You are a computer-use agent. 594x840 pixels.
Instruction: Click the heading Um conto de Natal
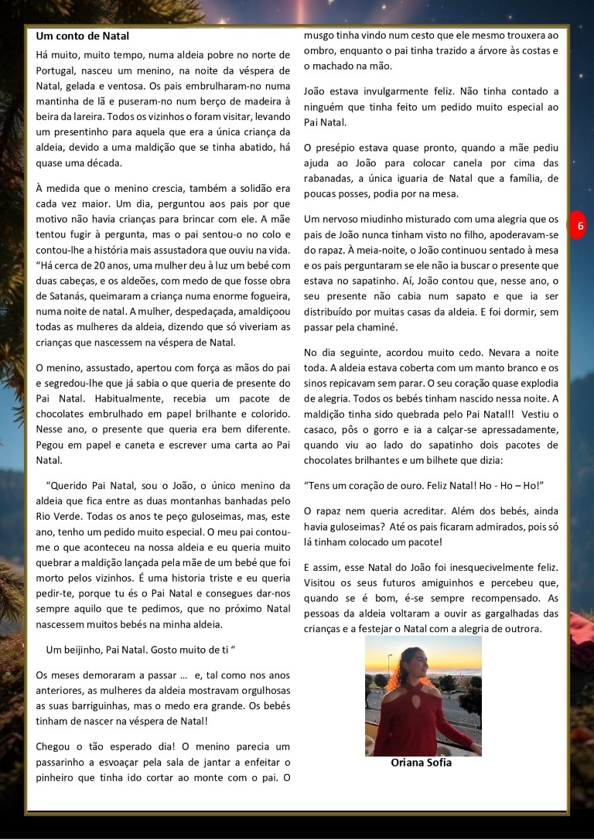pyautogui.click(x=83, y=36)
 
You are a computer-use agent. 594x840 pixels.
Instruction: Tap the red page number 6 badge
pyautogui.click(x=580, y=226)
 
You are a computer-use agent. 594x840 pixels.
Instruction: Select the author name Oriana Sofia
pyautogui.click(x=422, y=762)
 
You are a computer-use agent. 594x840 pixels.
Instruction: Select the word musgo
pyautogui.click(x=319, y=36)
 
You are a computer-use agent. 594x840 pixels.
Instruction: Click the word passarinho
pyautogui.click(x=65, y=762)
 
